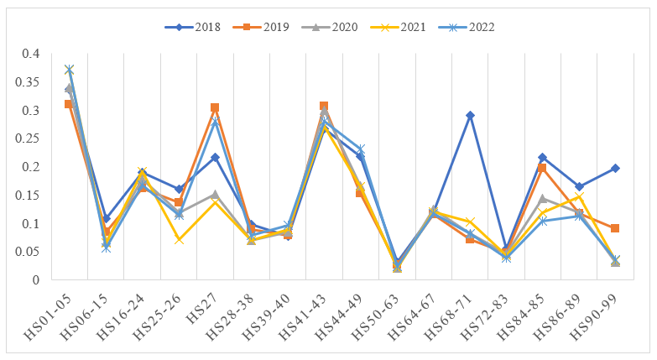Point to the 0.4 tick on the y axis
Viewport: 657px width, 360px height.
pyautogui.click(x=30, y=54)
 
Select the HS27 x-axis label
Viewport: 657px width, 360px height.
pyautogui.click(x=207, y=304)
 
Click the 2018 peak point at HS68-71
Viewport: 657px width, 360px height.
pyautogui.click(x=471, y=115)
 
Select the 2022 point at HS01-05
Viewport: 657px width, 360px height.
pyautogui.click(x=70, y=70)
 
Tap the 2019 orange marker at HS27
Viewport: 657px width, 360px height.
pyautogui.click(x=215, y=107)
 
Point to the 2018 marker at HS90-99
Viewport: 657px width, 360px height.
pyautogui.click(x=616, y=168)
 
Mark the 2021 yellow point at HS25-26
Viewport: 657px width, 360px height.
pyautogui.click(x=179, y=240)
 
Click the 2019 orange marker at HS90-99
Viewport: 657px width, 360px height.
pyautogui.click(x=616, y=228)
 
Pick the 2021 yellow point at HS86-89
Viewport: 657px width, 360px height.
pyautogui.click(x=580, y=197)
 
